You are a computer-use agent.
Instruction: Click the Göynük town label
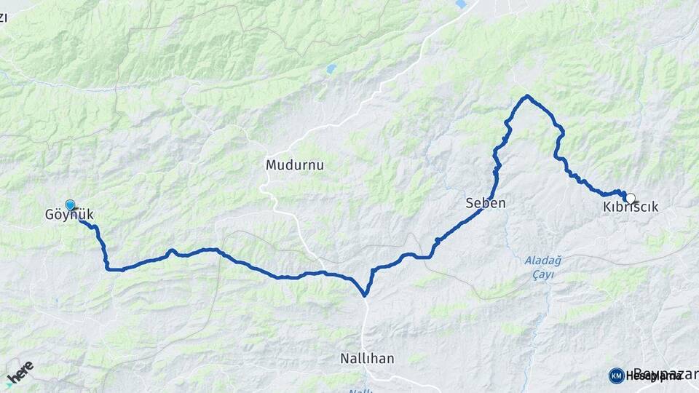tap(69, 215)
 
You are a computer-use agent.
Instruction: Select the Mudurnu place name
tap(294, 165)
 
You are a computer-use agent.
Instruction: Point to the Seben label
tap(485, 204)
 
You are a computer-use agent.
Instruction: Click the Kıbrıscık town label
tap(631, 207)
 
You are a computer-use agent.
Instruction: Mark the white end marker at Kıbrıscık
tap(630, 197)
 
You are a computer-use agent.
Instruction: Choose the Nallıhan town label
tap(368, 358)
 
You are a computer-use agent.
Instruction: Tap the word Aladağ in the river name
tap(539, 260)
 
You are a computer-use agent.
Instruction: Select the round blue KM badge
tap(616, 376)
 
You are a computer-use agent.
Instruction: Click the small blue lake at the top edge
tap(460, 4)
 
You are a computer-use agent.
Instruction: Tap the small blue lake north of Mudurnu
tap(331, 69)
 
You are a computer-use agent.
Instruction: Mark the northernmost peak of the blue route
tap(527, 96)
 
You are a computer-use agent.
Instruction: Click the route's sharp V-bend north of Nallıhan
tap(365, 295)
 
